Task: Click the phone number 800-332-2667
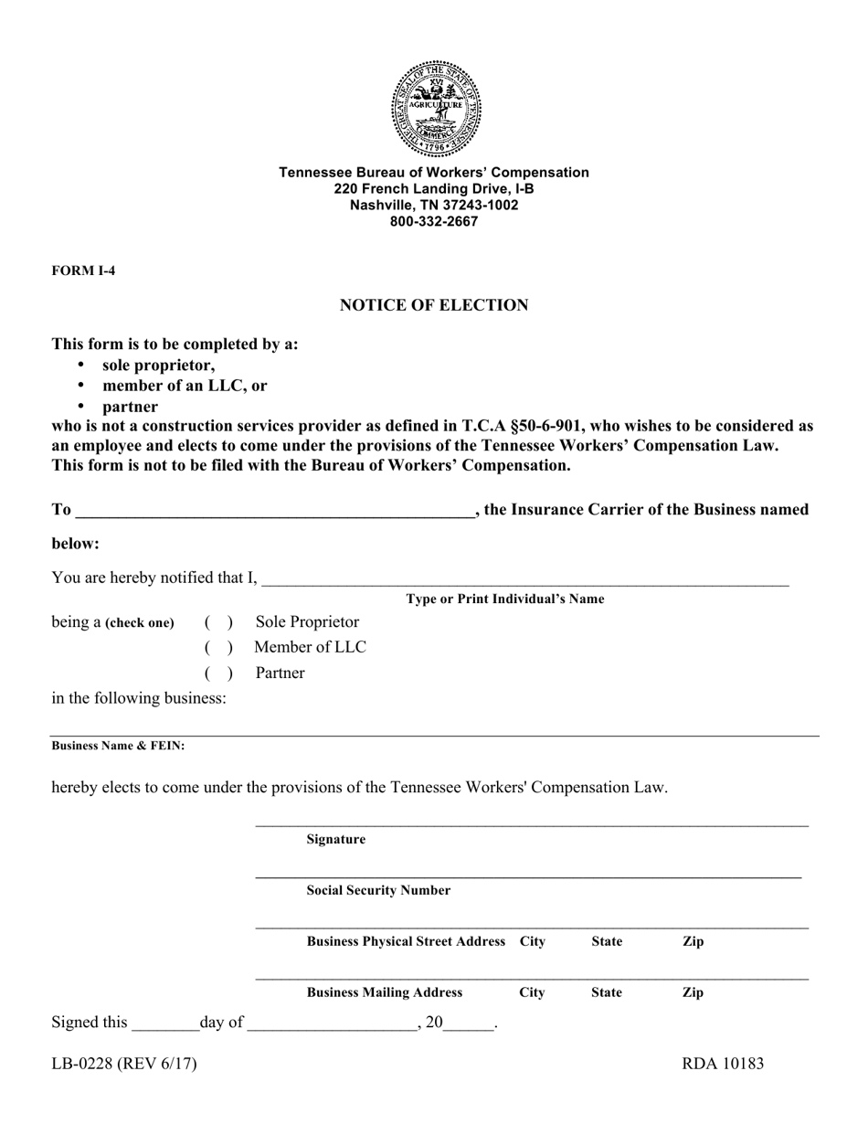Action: click(x=434, y=221)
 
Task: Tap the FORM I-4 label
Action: click(x=83, y=270)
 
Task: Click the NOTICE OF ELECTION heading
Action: click(x=434, y=305)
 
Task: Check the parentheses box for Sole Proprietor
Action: click(x=218, y=622)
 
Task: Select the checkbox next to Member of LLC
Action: click(x=218, y=648)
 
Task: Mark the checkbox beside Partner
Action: click(x=218, y=673)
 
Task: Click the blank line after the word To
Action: click(x=274, y=510)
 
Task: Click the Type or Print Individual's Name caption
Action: click(x=505, y=599)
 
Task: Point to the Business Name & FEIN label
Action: click(x=118, y=746)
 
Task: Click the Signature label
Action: click(x=335, y=839)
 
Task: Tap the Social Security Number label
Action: click(x=378, y=890)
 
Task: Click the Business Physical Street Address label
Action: click(x=406, y=941)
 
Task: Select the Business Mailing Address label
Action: click(x=385, y=992)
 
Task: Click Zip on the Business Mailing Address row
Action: click(x=693, y=992)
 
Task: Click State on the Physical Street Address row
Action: click(x=607, y=941)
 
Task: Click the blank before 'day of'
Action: click(x=165, y=1023)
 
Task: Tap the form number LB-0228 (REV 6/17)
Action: click(x=124, y=1064)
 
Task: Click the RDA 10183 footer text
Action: click(x=723, y=1064)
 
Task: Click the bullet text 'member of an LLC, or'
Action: click(x=185, y=386)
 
